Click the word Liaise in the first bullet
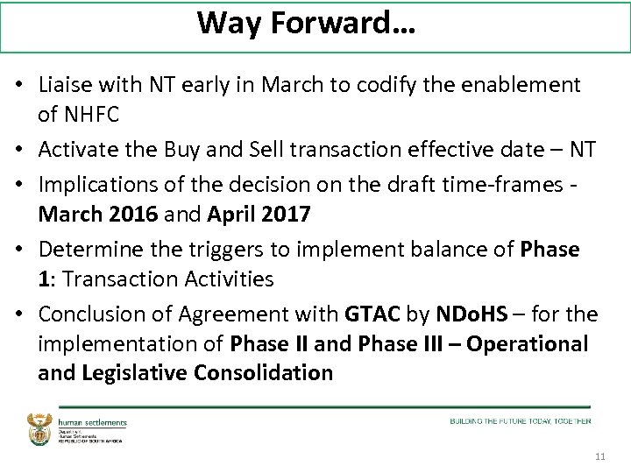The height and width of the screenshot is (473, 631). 66,85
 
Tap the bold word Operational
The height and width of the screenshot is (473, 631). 528,343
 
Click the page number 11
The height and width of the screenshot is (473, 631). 600,457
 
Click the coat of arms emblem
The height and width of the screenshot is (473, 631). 41,427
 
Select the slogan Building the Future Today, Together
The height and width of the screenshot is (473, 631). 521,421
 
